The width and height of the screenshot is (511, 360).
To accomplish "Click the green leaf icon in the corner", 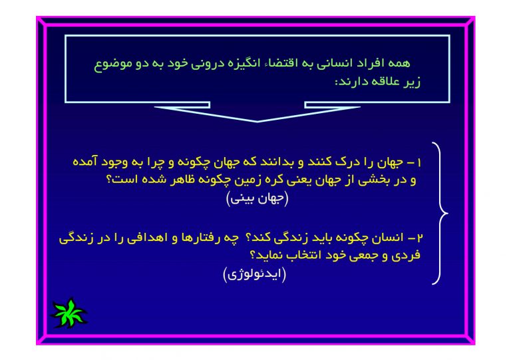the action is coord(69,313).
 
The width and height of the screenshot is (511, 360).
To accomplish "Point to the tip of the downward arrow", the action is coord(257,122).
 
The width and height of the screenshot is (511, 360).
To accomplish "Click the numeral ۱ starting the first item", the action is coord(419,162).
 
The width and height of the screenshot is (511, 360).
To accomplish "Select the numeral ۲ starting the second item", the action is coord(420,238).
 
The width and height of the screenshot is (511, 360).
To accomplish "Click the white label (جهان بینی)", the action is coord(257,199).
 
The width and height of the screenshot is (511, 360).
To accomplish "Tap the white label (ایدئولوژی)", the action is coord(255,274).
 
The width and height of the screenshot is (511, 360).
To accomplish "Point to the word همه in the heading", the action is coord(399,63).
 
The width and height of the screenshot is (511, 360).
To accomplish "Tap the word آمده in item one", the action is coord(85,162).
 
